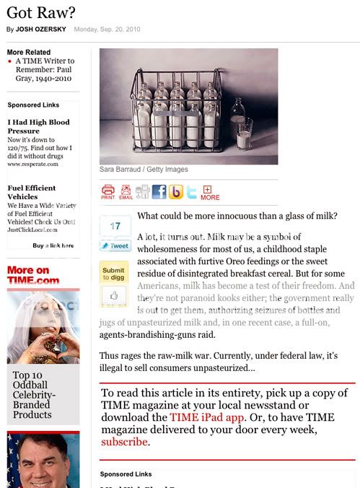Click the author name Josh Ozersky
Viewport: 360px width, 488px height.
point(42,30)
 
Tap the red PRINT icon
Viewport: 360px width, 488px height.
point(108,191)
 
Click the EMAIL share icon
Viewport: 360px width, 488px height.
point(126,191)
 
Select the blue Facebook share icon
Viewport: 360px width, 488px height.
point(159,191)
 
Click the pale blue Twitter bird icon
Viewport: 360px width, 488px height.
point(192,191)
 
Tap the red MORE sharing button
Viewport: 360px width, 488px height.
point(210,193)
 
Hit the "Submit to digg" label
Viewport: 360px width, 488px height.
point(114,274)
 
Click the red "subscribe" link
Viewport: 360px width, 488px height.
point(124,442)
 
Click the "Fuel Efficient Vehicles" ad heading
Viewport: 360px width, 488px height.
point(32,192)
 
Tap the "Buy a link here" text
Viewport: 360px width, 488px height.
point(53,245)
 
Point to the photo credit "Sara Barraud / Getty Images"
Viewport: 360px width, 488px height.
point(144,170)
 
